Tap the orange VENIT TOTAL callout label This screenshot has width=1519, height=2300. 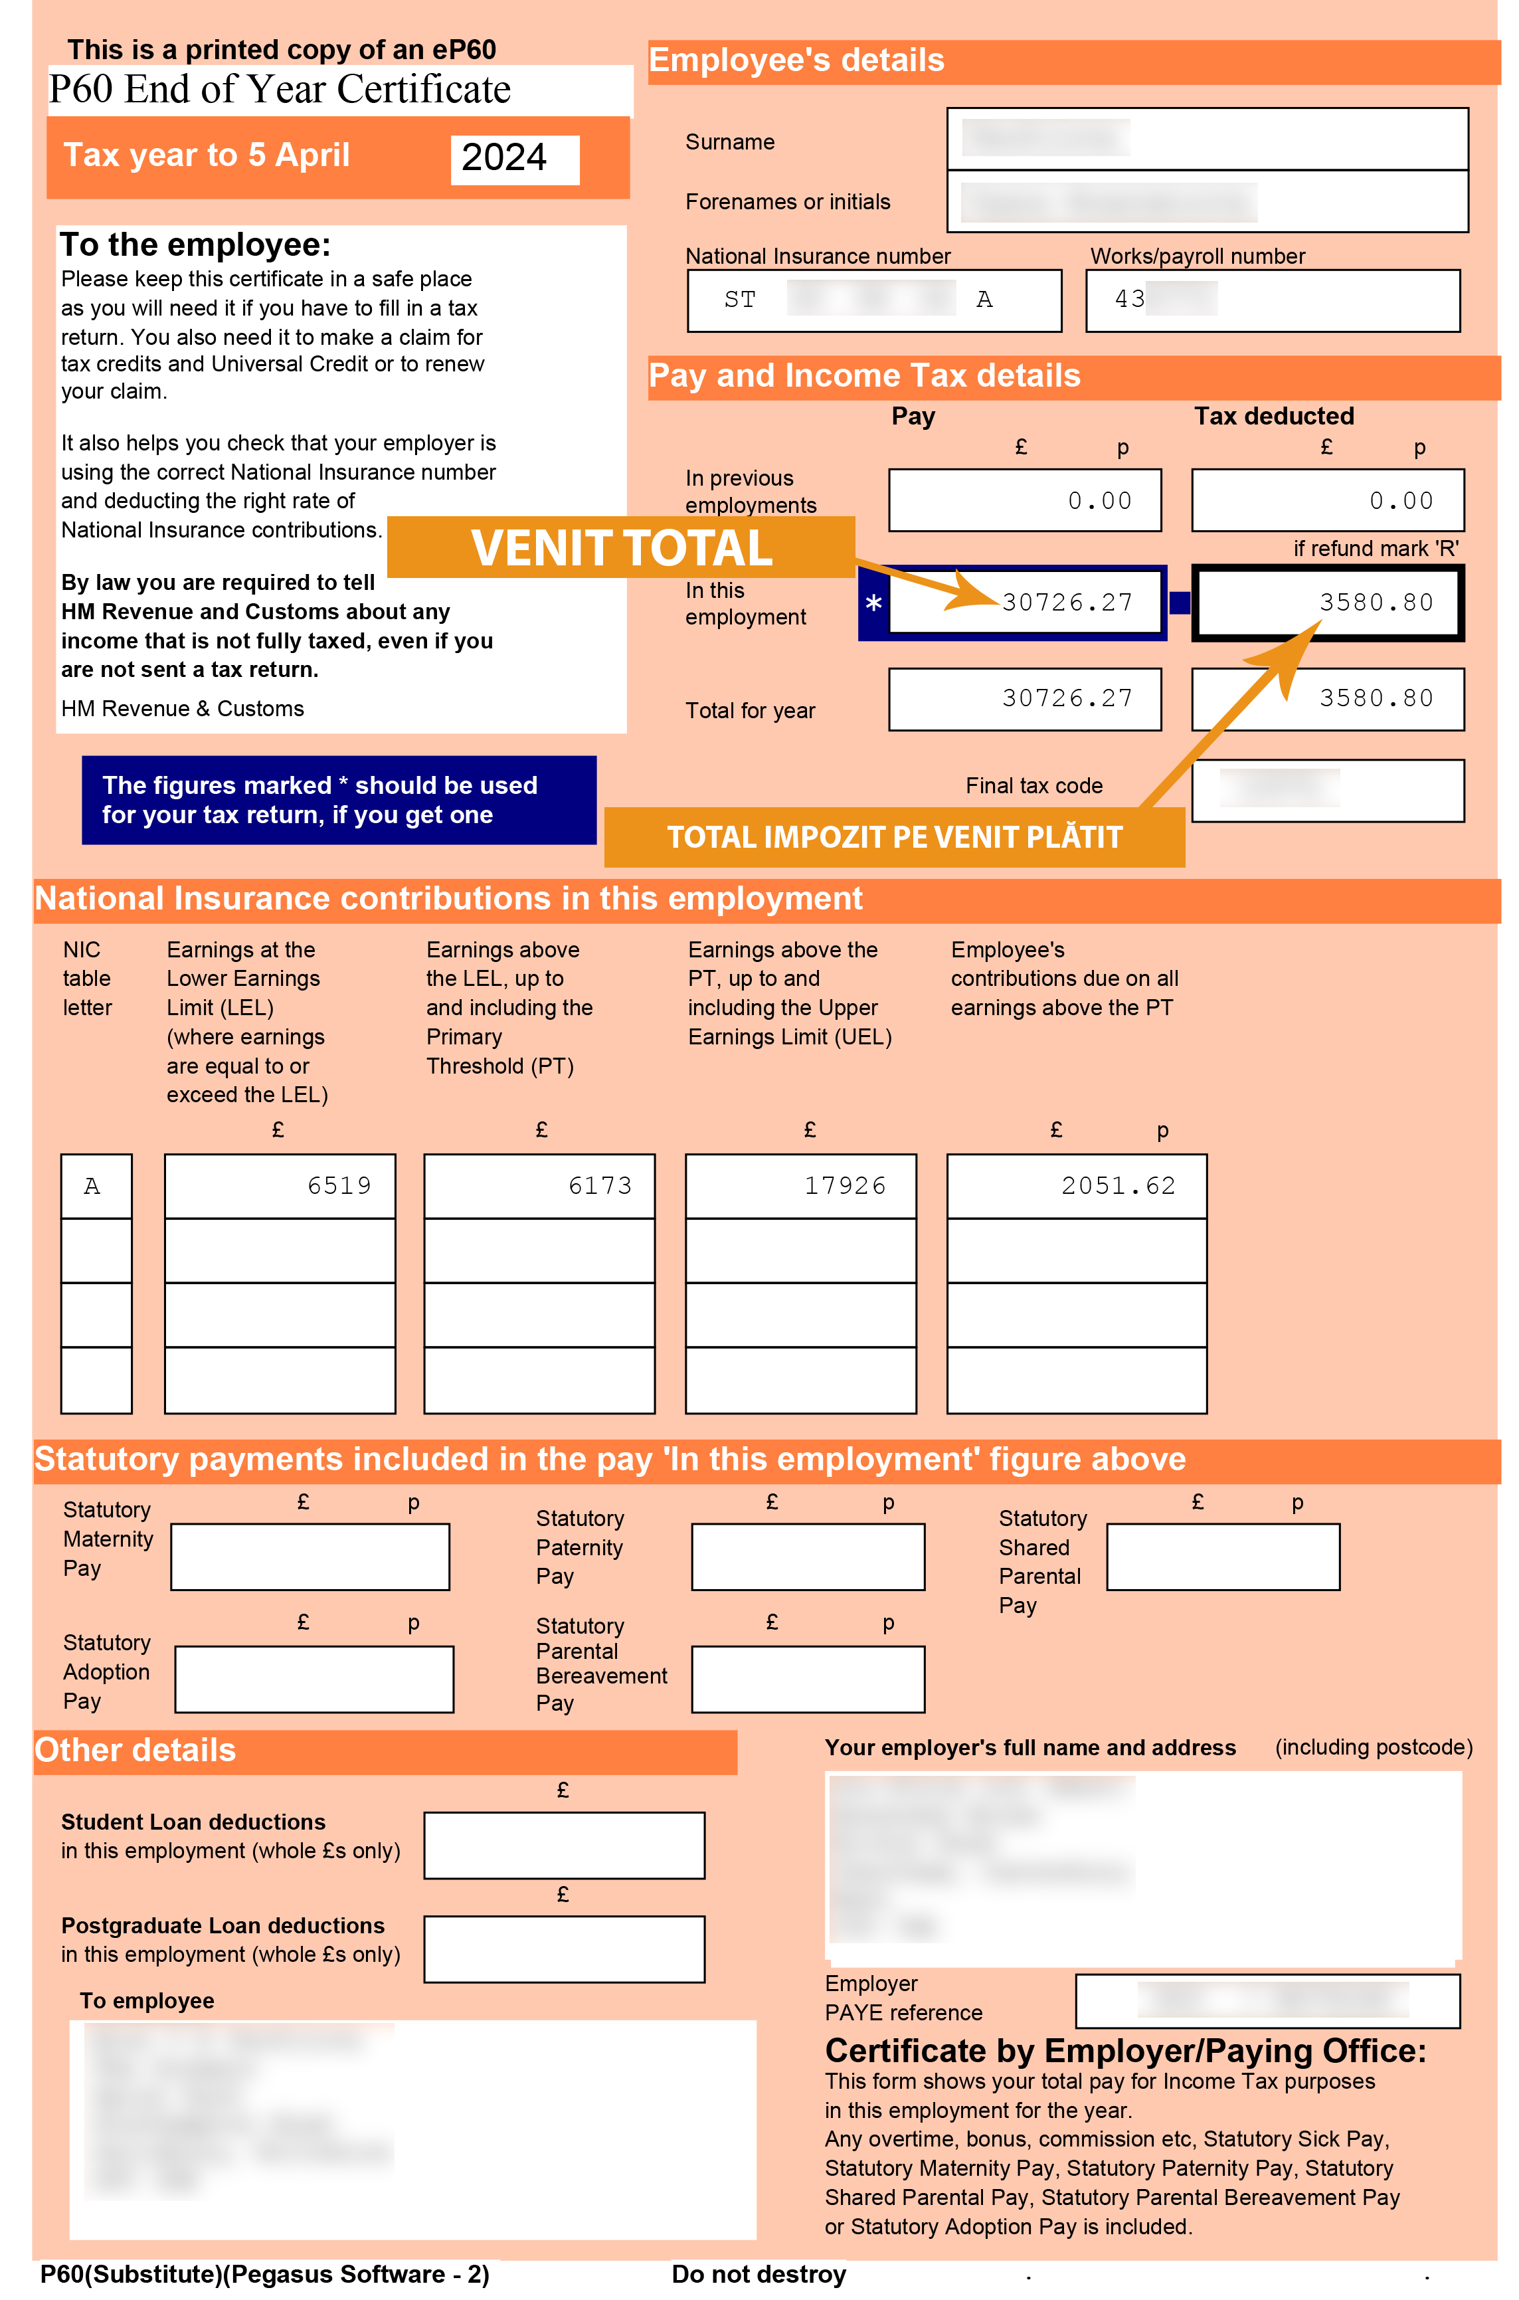[x=621, y=547]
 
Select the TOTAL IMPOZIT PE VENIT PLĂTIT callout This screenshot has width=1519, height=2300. [x=893, y=836]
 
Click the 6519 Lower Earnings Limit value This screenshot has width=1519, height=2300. [x=338, y=1186]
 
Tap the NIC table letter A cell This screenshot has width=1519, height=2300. [x=93, y=1186]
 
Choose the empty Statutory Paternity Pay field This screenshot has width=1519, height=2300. [x=807, y=1556]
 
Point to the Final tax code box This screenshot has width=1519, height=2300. [x=1326, y=790]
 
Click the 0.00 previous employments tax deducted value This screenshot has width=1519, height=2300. [x=1400, y=501]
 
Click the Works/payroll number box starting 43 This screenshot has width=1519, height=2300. [x=1271, y=300]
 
